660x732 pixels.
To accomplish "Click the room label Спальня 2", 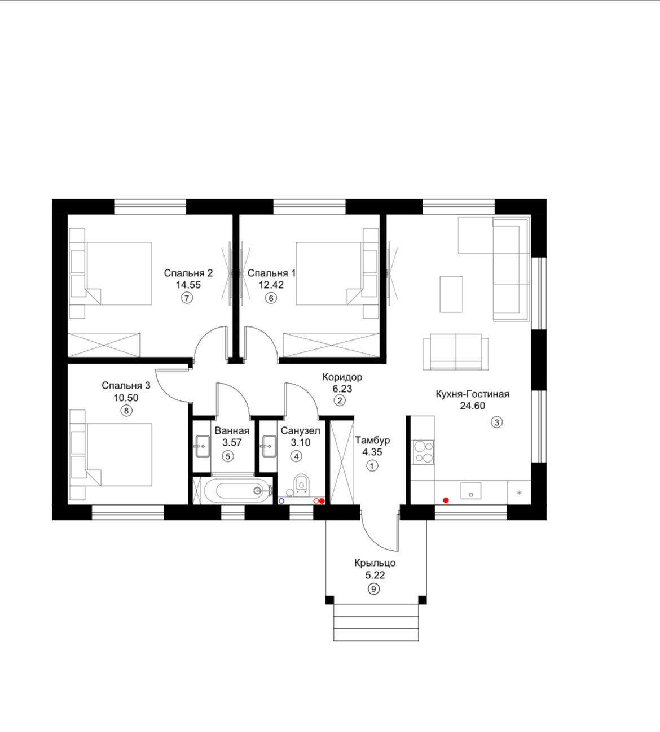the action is click(x=188, y=273).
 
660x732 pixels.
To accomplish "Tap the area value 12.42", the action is click(x=271, y=285).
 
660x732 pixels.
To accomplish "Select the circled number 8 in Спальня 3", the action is click(x=126, y=411).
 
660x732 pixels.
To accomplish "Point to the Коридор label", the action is click(x=342, y=377).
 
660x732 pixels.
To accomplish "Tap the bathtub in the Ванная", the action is click(x=238, y=490).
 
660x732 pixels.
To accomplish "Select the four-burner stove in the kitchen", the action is click(x=423, y=452).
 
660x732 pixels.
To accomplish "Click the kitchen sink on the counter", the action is click(x=471, y=491).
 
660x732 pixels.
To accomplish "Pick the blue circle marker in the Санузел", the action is click(x=281, y=501).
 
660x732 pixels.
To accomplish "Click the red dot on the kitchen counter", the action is click(x=446, y=500).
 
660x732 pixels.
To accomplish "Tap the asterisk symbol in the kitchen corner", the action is click(x=520, y=493).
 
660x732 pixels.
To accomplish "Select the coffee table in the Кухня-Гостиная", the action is click(x=451, y=294).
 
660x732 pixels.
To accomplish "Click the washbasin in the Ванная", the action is click(x=203, y=446).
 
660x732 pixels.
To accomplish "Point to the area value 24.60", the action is click(x=472, y=406).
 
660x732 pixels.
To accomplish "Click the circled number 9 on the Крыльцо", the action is click(x=373, y=589).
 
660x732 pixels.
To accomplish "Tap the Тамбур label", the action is click(x=372, y=441).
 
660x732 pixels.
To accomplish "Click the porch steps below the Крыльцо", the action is click(x=376, y=622).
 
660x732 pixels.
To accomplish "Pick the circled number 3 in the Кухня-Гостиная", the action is click(x=497, y=422).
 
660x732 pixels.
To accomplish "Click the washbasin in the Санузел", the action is click(x=269, y=446).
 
